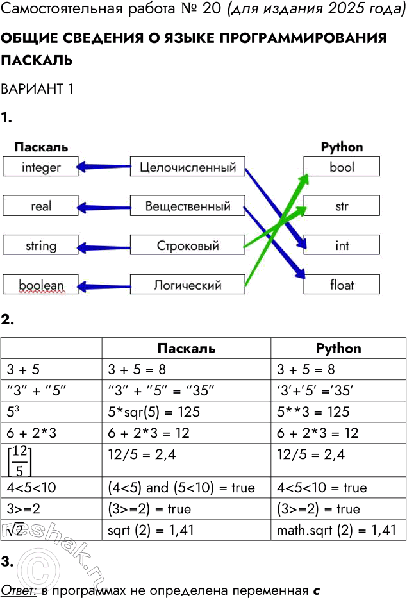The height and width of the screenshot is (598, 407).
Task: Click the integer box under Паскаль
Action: pos(40,167)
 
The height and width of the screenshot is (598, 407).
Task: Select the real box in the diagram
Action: pos(40,206)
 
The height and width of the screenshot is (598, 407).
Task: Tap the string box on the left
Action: pos(40,245)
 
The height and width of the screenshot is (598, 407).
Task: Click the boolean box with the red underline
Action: pos(40,285)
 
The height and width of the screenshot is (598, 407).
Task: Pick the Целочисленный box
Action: pos(188,168)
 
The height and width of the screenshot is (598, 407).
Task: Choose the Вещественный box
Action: pos(188,206)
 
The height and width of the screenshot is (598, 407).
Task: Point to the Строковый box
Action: pos(188,245)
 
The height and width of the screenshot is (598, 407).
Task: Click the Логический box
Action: pos(188,285)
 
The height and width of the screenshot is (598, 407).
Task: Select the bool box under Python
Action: pos(342,167)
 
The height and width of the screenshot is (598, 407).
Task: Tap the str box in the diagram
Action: pos(342,206)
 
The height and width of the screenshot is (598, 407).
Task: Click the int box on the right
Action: pos(342,245)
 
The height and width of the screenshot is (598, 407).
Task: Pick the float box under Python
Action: pos(342,285)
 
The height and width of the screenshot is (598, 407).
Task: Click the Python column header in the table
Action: pos(338,348)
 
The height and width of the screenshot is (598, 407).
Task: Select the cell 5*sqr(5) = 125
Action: pos(154,412)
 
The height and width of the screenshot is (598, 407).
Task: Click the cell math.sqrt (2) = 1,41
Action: pos(336,530)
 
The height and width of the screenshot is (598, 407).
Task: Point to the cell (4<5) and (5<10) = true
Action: pos(181,488)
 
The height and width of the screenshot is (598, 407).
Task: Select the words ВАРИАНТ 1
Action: pos(37,89)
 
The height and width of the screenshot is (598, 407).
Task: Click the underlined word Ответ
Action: pos(19,589)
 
